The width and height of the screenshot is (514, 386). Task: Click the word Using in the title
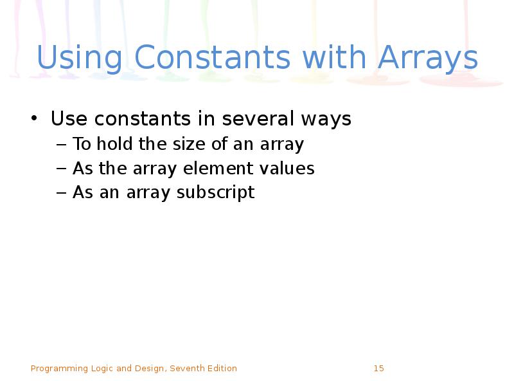[x=80, y=59]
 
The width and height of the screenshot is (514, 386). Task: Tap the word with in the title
[x=336, y=59]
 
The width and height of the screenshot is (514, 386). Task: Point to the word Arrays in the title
[x=428, y=59]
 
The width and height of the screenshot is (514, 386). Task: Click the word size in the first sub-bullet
[x=190, y=144]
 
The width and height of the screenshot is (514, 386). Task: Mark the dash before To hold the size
[x=62, y=145]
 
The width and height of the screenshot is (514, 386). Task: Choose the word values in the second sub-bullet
[x=287, y=169]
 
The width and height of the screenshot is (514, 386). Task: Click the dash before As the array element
[x=62, y=169]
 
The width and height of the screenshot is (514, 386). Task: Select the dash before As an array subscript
[x=62, y=193]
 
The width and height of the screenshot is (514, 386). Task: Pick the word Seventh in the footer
[x=186, y=369]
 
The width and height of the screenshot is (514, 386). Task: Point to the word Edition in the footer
[x=222, y=369]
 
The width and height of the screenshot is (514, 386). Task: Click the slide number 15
[x=378, y=369]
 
